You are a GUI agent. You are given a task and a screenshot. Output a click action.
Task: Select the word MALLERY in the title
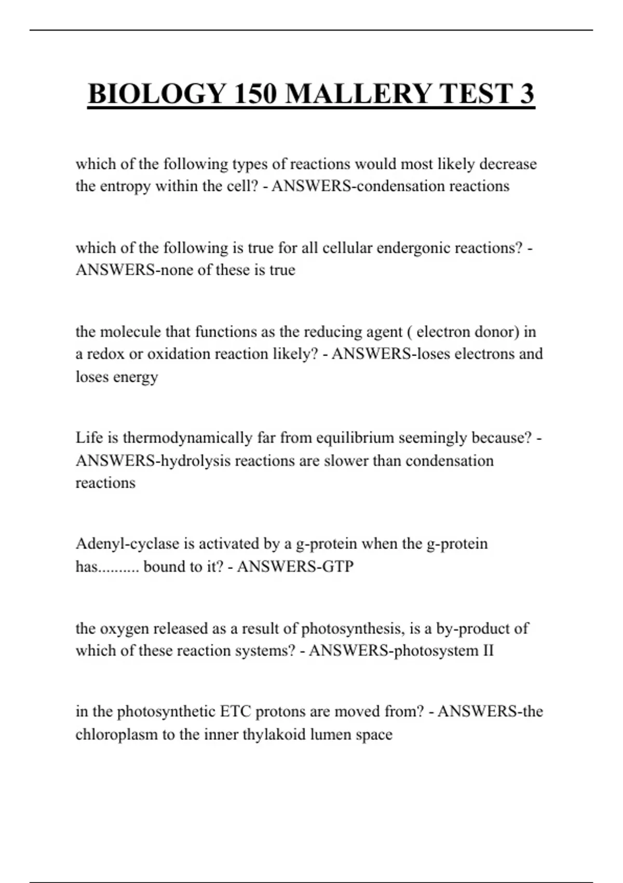(x=359, y=94)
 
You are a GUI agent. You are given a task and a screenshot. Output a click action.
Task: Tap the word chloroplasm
(x=116, y=734)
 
